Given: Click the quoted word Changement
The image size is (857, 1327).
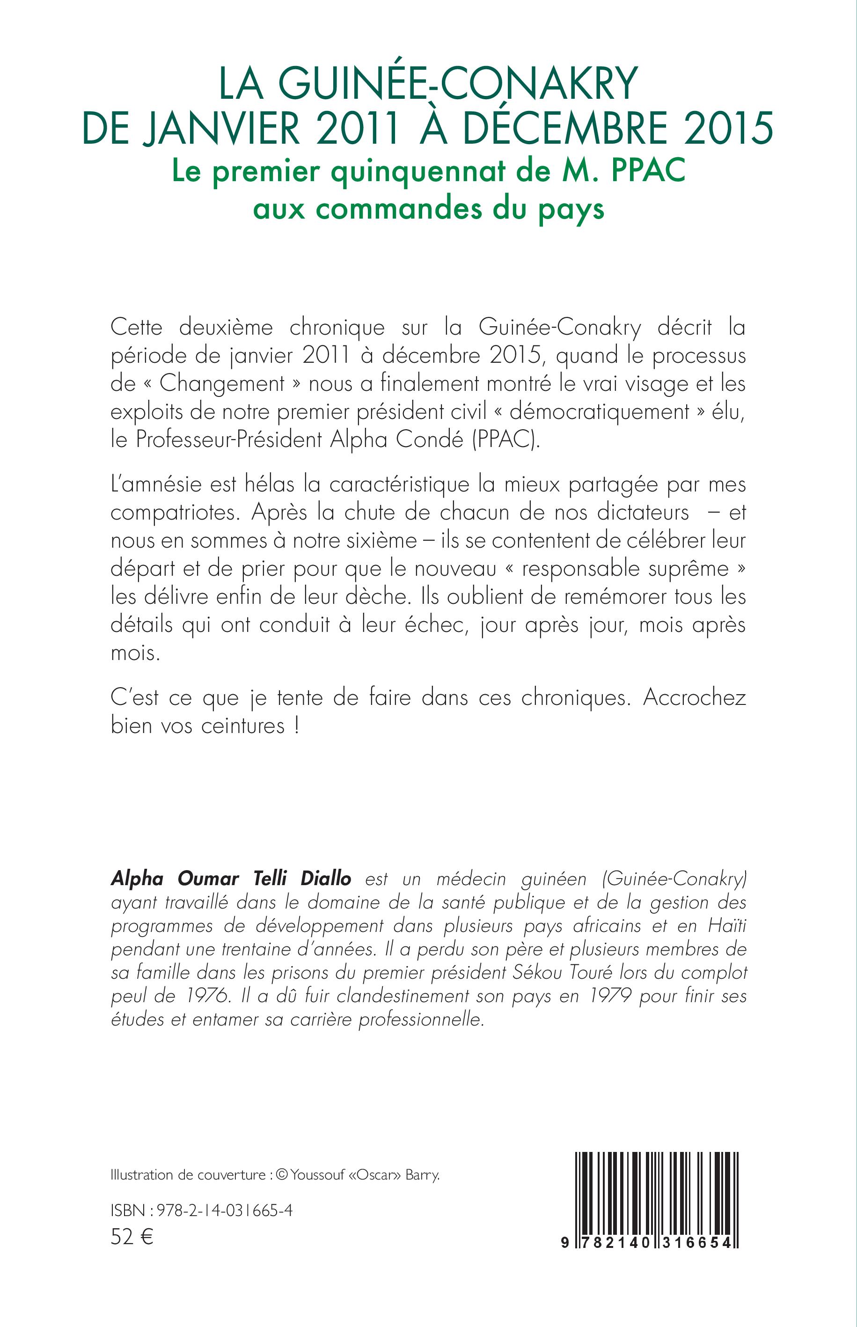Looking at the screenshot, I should point(222,384).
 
